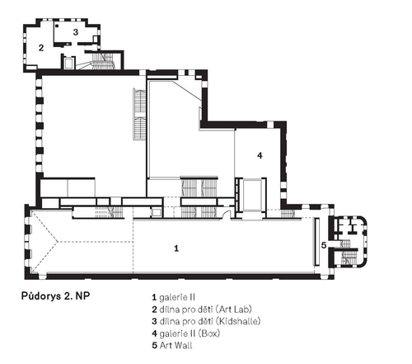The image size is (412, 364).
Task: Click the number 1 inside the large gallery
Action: pos(176,248)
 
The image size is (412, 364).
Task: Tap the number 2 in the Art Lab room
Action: pos(41,48)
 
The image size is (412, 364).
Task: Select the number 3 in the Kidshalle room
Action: pos(76,32)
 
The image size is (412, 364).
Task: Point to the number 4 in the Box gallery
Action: pos(260,155)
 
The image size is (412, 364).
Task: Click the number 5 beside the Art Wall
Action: pos(324,245)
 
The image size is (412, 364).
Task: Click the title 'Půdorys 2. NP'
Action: pos(55,296)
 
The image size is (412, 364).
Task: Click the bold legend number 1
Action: pos(154,297)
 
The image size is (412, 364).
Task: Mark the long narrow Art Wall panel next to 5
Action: pos(317,242)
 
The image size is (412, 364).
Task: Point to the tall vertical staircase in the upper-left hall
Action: pos(140,114)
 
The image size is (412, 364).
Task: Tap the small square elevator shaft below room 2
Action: pos(68,63)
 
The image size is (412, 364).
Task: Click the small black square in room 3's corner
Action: pos(57,26)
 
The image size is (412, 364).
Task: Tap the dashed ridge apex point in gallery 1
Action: pos(58,242)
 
